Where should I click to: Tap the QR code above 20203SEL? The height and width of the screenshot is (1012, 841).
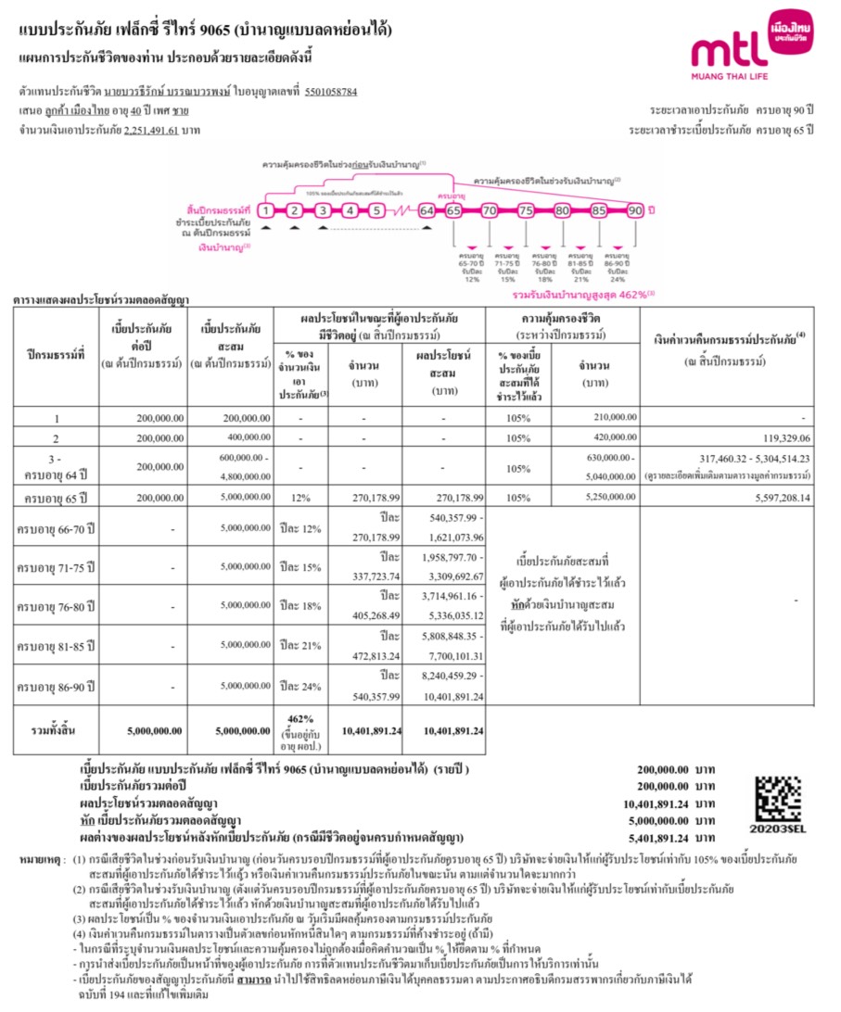[778, 796]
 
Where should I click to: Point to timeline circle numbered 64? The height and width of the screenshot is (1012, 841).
[427, 211]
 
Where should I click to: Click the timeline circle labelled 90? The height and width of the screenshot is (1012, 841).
[635, 211]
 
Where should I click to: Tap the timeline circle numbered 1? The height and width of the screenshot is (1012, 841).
[265, 211]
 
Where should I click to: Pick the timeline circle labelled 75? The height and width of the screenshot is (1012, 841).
[526, 211]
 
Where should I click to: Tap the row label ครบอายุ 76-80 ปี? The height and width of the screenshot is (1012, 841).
[57, 607]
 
